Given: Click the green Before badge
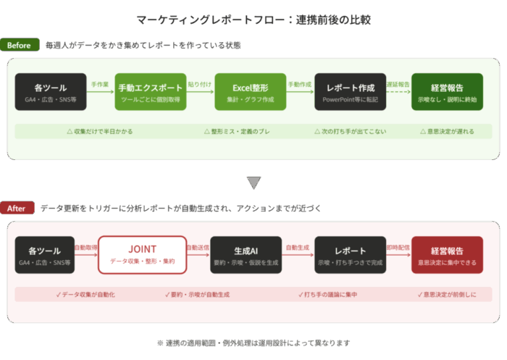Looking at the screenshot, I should coord(20,46).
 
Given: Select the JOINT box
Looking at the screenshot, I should coord(142,254).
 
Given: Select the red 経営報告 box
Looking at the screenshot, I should coord(447,254).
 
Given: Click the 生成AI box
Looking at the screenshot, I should coord(246,254).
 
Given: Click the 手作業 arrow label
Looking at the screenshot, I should coord(100,85).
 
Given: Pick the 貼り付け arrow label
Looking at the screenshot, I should coord(201,85).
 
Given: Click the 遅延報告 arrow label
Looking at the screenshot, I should coord(398,85).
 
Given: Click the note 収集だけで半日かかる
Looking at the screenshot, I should coord(99,132).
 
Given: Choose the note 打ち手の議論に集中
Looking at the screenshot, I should coord(333,295).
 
